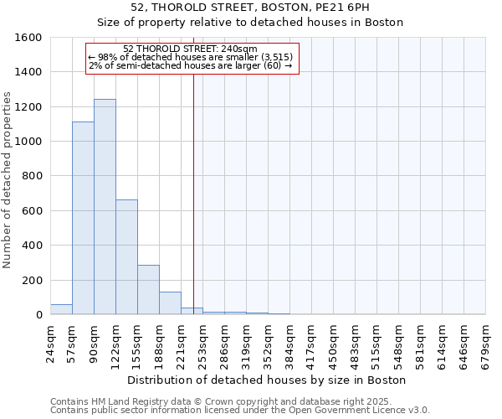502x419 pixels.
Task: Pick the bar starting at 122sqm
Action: (x=126, y=257)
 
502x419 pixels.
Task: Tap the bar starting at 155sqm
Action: (x=148, y=290)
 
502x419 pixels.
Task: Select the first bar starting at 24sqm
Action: (x=61, y=309)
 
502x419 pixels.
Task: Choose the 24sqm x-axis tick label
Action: (x=50, y=344)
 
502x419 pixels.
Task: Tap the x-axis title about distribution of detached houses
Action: (x=268, y=380)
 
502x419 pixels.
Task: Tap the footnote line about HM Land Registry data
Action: (x=239, y=401)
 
